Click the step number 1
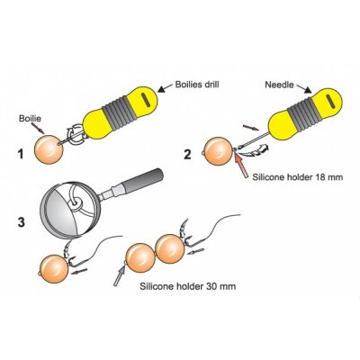pyautogui.click(x=21, y=155)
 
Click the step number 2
pyautogui.click(x=187, y=154)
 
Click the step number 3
pyautogui.click(x=22, y=222)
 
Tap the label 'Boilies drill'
pyautogui.click(x=197, y=85)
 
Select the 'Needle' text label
pyautogui.click(x=279, y=85)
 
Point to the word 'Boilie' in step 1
pyautogui.click(x=30, y=119)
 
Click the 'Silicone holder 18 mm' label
pyautogui.click(x=297, y=177)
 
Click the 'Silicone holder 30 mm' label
pyautogui.click(x=188, y=286)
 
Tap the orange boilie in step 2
pyautogui.click(x=219, y=151)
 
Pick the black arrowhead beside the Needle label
pyautogui.click(x=308, y=90)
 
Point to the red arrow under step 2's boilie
pyautogui.click(x=240, y=165)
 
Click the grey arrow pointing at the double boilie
pyautogui.click(x=120, y=275)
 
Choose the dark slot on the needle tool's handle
pyautogui.click(x=329, y=103)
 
